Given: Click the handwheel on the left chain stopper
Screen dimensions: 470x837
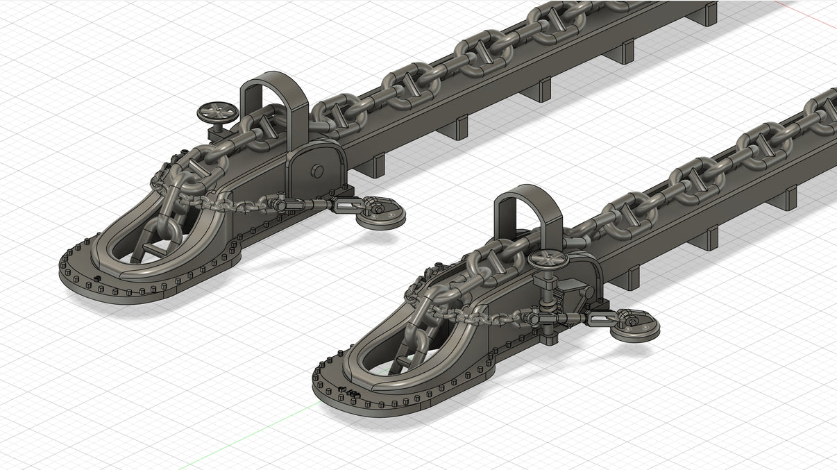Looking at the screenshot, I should point(217,112).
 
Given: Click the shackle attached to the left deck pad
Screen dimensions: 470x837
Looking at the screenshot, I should point(372,207).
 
